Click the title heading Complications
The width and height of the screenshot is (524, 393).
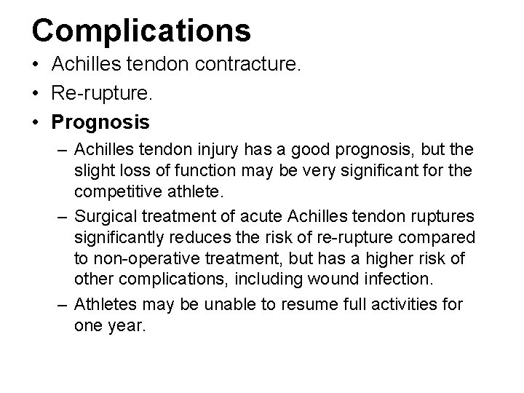pyautogui.click(x=141, y=30)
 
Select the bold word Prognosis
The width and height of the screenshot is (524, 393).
pyautogui.click(x=101, y=120)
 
